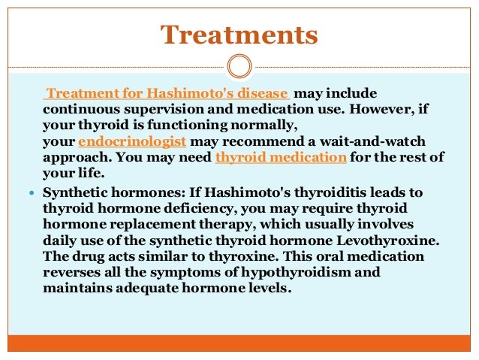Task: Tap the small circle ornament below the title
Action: tap(239, 65)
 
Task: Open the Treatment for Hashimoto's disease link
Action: tap(167, 94)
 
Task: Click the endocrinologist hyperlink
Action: tap(143, 141)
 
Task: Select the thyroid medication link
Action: tap(281, 157)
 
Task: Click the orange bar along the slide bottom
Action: tap(239, 343)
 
